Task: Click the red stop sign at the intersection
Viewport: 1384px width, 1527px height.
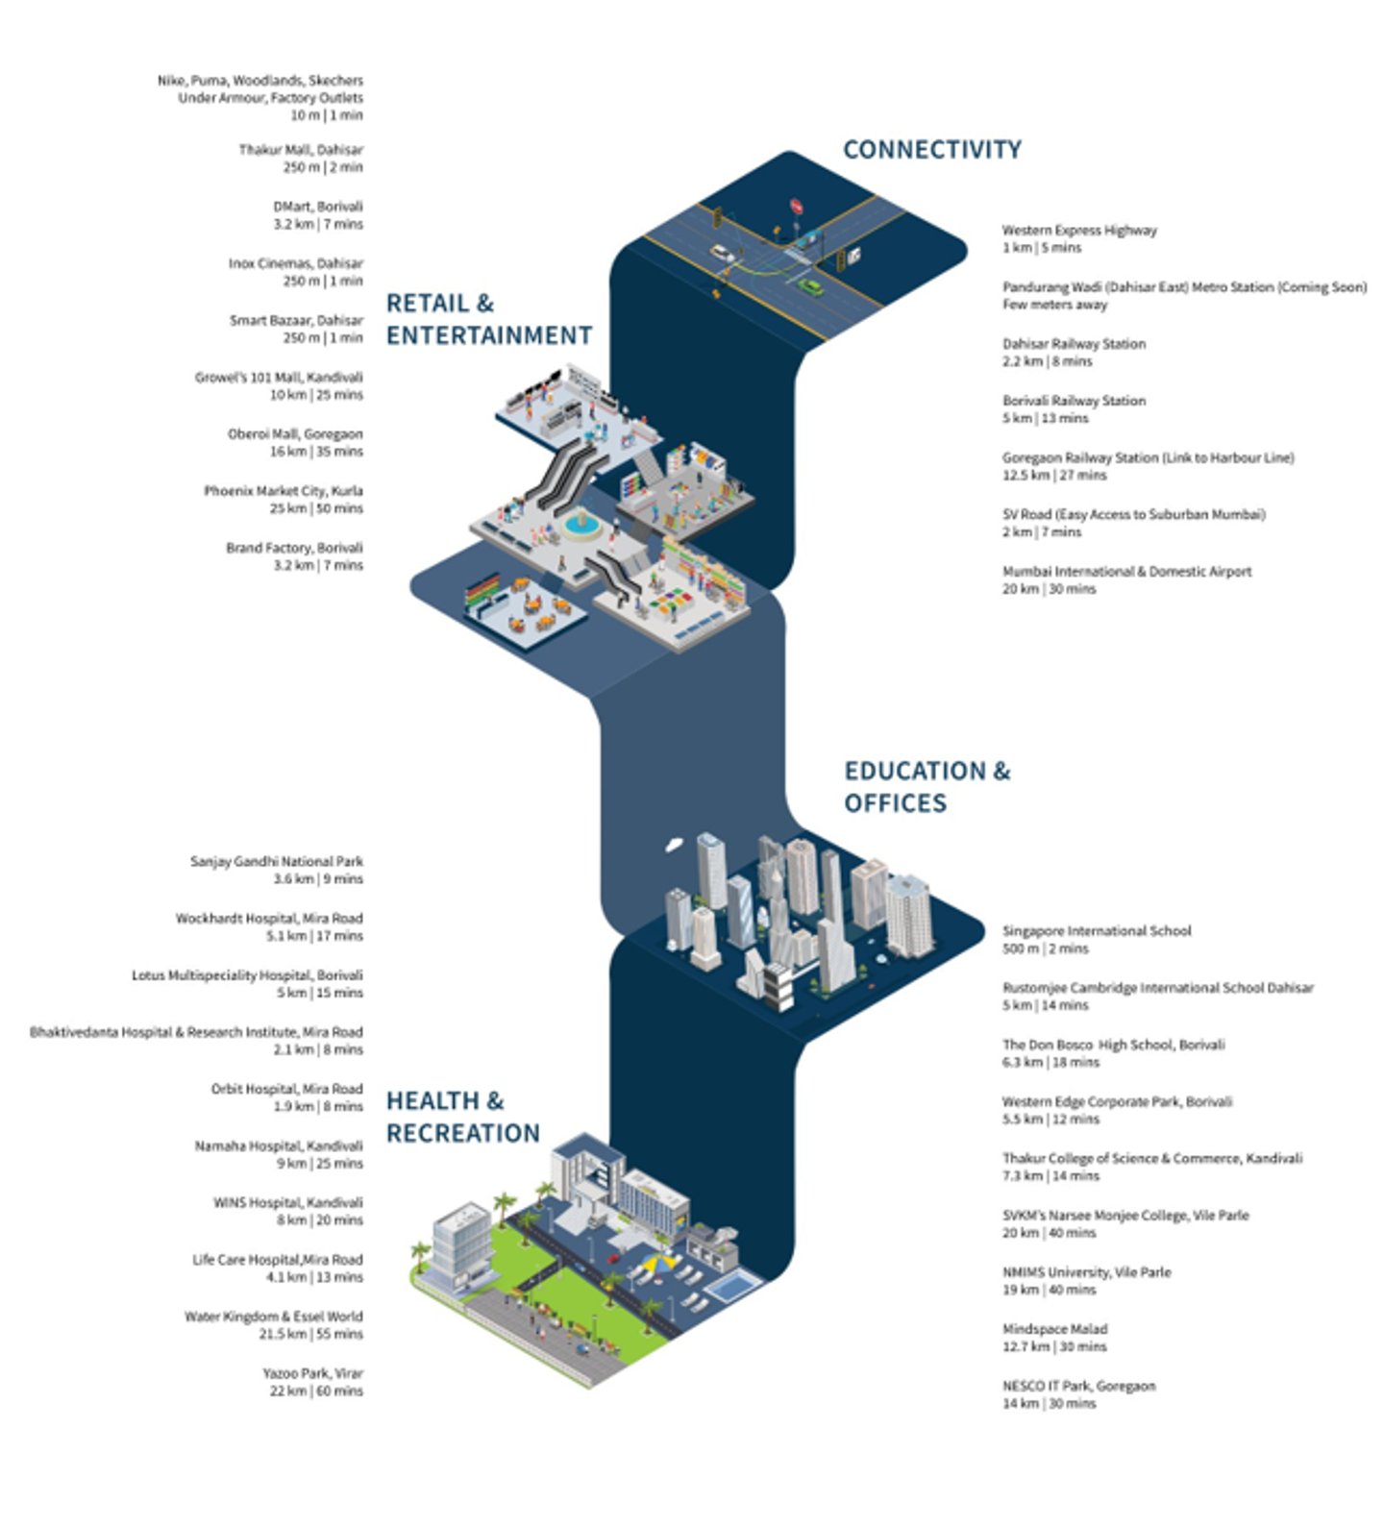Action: (795, 206)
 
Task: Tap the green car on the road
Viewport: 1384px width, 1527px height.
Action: (811, 286)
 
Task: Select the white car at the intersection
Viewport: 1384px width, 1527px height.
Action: (723, 255)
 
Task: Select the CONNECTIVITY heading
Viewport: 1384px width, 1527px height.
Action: (931, 150)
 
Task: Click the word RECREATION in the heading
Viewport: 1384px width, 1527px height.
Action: (462, 1133)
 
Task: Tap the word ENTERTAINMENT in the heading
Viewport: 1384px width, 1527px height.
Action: (488, 335)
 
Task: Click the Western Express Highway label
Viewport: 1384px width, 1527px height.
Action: (1078, 231)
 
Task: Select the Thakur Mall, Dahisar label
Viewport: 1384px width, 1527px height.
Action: (301, 150)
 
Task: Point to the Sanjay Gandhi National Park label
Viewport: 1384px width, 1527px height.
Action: (277, 861)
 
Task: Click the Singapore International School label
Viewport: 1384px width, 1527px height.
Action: (1096, 930)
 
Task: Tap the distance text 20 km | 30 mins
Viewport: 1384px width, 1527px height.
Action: (1049, 589)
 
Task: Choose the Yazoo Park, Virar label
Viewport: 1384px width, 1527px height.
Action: (312, 1373)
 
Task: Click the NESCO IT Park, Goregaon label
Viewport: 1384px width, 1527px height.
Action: (1078, 1386)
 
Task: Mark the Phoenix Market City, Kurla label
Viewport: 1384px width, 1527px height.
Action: (283, 491)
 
